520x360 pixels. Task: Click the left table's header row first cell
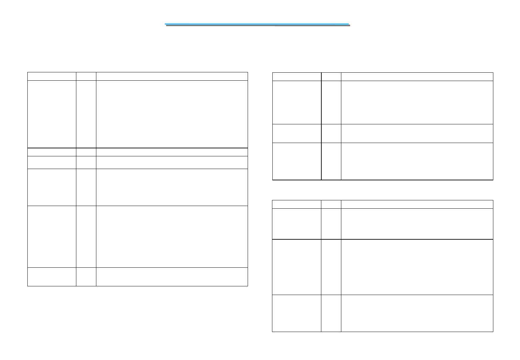pos(52,76)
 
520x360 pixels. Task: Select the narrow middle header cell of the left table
pos(86,76)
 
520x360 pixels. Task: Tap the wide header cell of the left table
pos(172,76)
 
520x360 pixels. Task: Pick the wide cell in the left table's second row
pos(172,114)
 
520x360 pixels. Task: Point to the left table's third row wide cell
pos(172,152)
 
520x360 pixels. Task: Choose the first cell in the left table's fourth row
pos(52,162)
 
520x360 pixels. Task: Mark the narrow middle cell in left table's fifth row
pos(86,187)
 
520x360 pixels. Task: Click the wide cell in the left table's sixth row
pos(172,236)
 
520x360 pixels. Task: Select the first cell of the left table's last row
pos(52,277)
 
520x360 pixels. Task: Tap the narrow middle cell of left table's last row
pos(86,277)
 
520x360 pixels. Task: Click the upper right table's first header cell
pos(297,76)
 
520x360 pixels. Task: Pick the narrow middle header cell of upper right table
pos(331,76)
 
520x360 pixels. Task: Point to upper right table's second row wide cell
pos(417,102)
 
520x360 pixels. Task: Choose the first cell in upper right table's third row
pos(297,133)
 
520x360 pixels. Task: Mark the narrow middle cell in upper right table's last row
pos(331,161)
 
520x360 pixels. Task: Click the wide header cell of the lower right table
pos(417,204)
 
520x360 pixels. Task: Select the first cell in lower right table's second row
pos(296,224)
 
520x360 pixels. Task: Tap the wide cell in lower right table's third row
pos(417,267)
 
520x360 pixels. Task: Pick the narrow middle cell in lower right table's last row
pos(331,313)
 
